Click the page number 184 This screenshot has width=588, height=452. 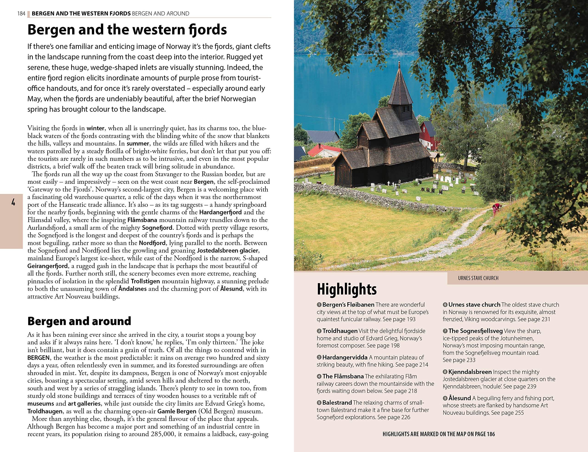[x=21, y=13]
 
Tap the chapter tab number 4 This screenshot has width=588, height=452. [x=13, y=203]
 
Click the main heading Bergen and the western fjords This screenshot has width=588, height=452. [x=127, y=30]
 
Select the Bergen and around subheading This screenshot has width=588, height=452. [x=79, y=321]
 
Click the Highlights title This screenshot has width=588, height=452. [x=347, y=289]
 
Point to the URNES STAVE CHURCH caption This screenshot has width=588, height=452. [x=478, y=278]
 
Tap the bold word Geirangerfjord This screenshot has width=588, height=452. [x=48, y=266]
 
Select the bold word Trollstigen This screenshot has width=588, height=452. [x=145, y=281]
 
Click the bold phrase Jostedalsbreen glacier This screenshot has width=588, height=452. [x=228, y=251]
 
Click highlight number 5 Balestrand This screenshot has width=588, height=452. [x=337, y=403]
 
